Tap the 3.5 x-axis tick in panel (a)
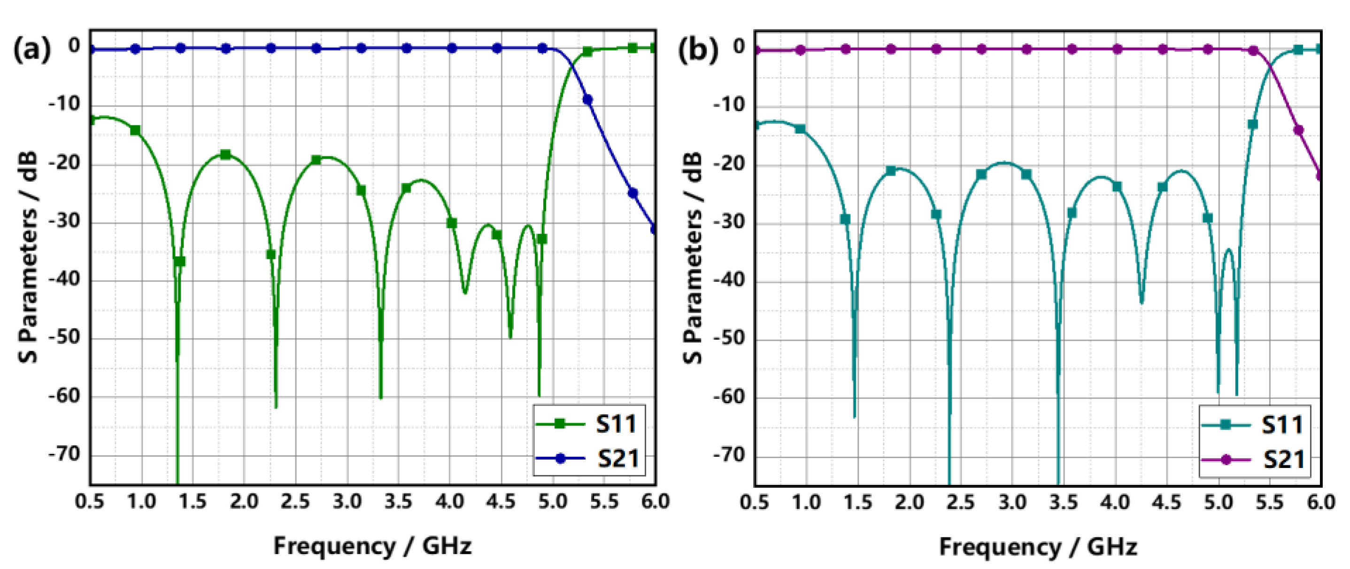coord(398,502)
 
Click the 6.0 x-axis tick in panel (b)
coord(1320,502)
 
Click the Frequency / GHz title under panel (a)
coord(372,546)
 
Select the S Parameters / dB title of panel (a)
coord(28,257)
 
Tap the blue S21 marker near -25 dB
coord(633,193)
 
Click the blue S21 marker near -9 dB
coord(587,100)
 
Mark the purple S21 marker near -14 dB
coord(1298,130)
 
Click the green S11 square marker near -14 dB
coord(135,130)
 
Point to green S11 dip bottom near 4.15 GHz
coord(464,292)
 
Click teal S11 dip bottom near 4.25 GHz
coord(1142,302)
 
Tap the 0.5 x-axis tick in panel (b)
coord(755,502)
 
